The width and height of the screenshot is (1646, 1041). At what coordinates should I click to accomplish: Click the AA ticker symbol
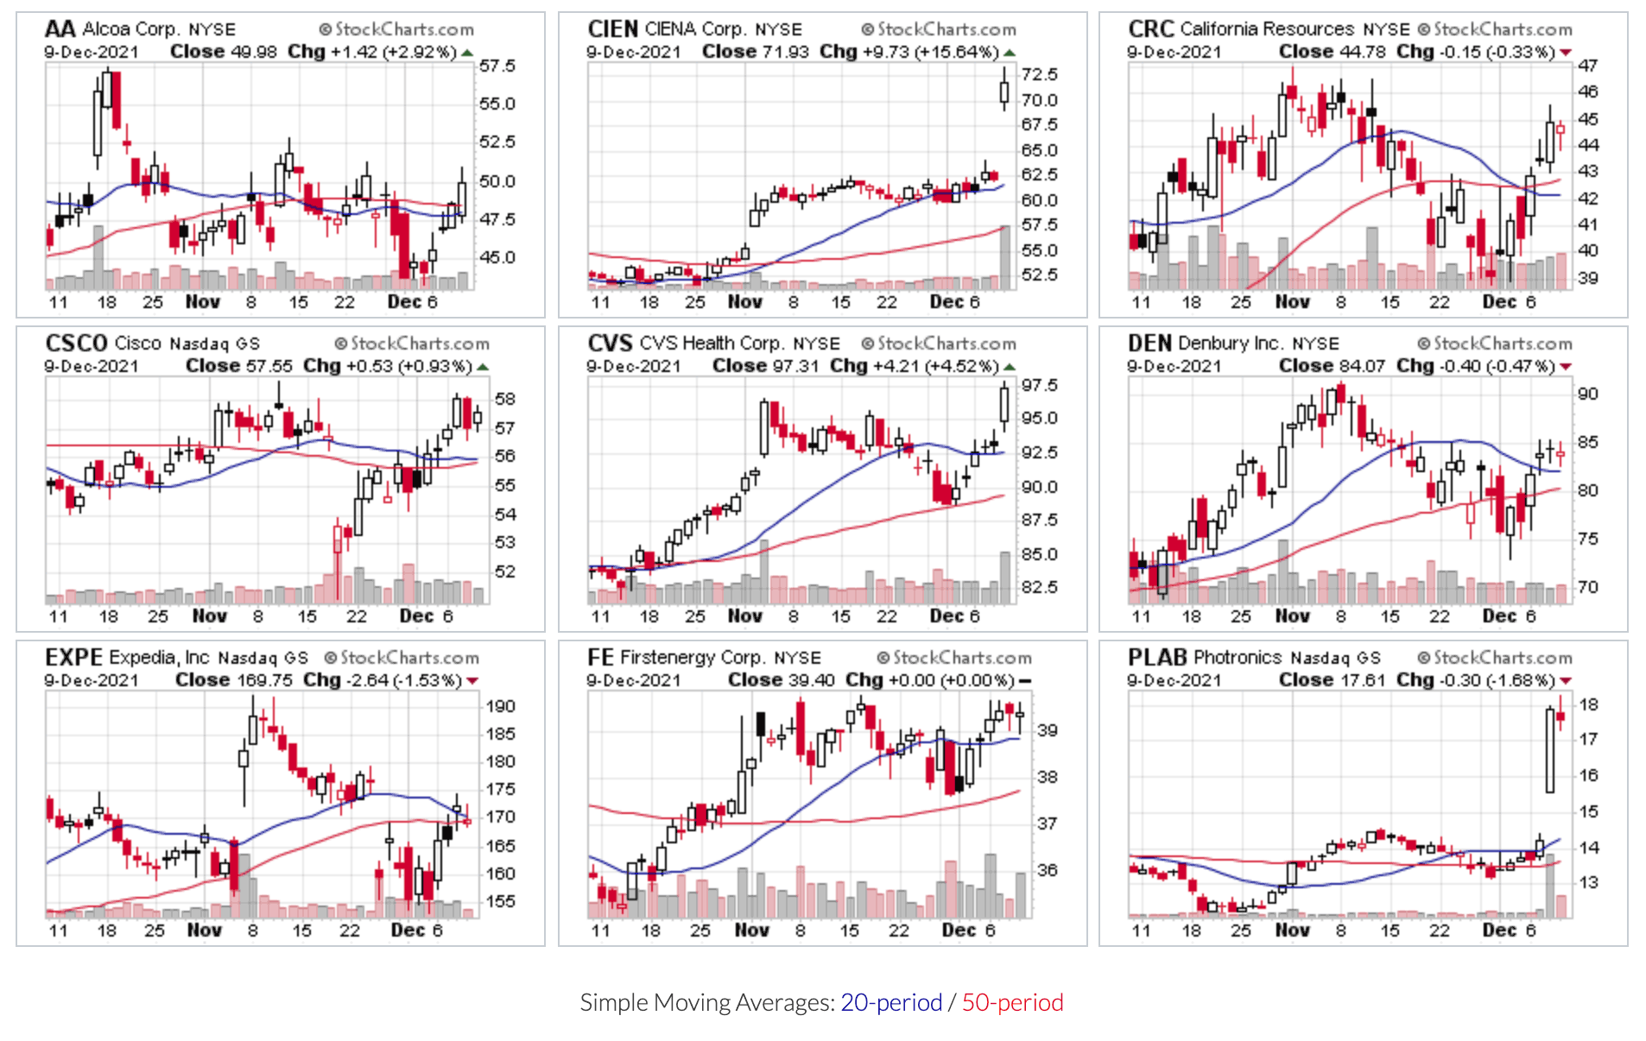point(60,29)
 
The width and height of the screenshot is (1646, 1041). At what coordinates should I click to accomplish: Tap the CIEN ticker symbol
point(612,29)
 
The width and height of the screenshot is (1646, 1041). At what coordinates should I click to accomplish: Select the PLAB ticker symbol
point(1157,658)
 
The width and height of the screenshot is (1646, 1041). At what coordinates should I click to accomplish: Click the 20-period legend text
point(891,1002)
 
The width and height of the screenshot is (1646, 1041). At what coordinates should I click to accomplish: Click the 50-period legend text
point(1012,1002)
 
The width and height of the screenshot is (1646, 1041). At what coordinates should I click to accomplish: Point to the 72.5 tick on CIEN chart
point(1039,75)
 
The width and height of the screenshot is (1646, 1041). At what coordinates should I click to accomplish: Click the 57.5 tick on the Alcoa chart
point(497,66)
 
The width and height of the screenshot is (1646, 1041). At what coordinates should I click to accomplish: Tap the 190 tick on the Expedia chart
point(500,706)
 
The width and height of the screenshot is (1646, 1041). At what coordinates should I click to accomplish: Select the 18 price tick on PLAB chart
point(1588,704)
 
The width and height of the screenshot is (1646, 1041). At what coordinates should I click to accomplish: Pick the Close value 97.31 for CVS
point(795,366)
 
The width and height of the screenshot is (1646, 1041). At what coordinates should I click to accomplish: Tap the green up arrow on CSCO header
point(483,367)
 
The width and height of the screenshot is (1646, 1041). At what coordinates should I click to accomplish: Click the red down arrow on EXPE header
point(472,681)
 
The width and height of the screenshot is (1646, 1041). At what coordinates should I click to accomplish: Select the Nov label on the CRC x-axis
point(1292,302)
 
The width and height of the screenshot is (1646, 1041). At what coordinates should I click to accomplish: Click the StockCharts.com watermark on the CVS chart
point(939,344)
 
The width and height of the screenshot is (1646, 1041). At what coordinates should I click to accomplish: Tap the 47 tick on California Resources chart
point(1587,66)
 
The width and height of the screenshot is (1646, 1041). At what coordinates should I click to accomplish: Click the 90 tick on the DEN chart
point(1587,394)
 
